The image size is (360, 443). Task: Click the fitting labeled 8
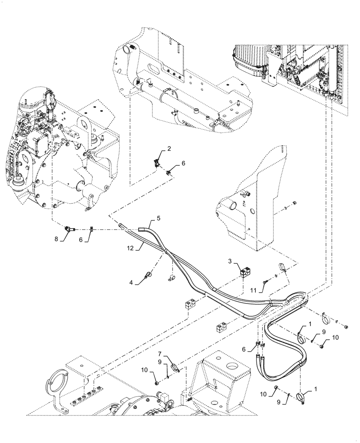pos(69,229)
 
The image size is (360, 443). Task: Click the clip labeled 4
pos(147,277)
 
